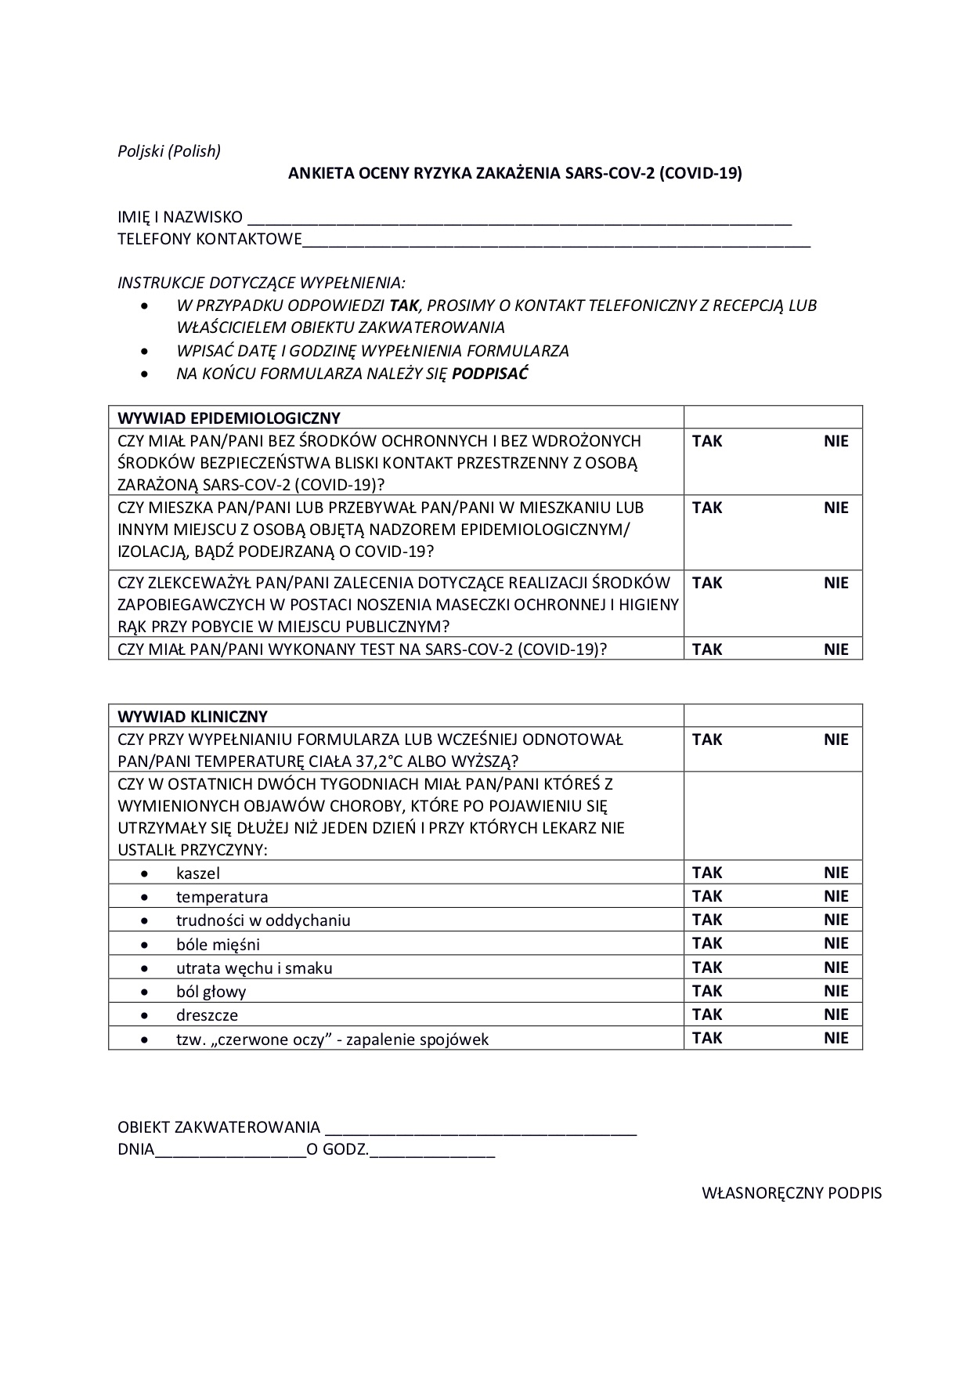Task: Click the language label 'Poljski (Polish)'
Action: [x=169, y=151]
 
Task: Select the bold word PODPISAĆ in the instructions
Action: [x=490, y=374]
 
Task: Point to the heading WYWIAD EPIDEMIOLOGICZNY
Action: [x=229, y=418]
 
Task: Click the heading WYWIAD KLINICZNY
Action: [x=193, y=716]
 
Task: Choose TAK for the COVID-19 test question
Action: [x=707, y=649]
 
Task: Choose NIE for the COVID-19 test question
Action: [x=836, y=649]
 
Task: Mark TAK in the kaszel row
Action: [x=707, y=873]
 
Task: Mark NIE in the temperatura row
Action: [x=836, y=896]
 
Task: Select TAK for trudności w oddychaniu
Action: [x=707, y=920]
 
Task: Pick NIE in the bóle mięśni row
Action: [x=836, y=943]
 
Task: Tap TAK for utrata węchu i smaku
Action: [x=707, y=967]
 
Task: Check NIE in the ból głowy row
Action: [x=836, y=991]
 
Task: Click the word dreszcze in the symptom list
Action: [x=207, y=1015]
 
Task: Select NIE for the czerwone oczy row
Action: [x=836, y=1038]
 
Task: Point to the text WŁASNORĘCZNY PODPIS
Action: [x=791, y=1193]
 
